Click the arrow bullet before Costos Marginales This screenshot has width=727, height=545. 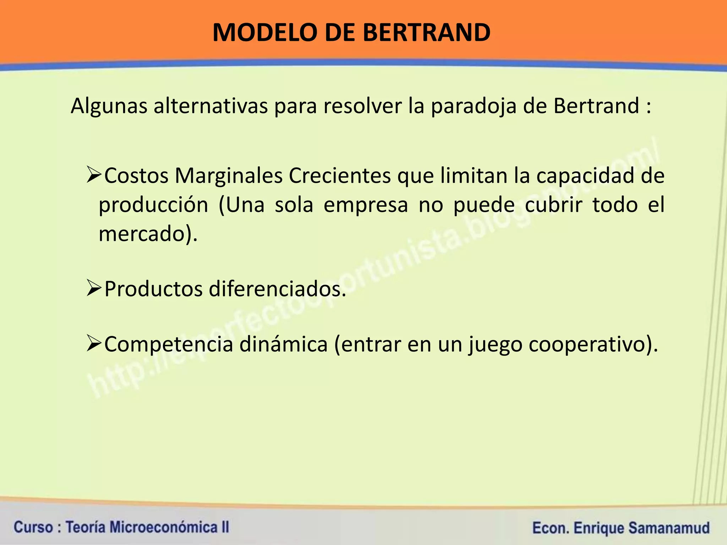[94, 176]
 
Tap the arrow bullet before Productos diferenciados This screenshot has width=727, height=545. [94, 289]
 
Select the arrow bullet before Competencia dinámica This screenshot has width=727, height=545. [94, 344]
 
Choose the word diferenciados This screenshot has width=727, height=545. [277, 289]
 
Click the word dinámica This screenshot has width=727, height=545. [283, 344]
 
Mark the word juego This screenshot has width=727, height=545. [495, 345]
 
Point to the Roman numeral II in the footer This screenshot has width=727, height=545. [225, 527]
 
